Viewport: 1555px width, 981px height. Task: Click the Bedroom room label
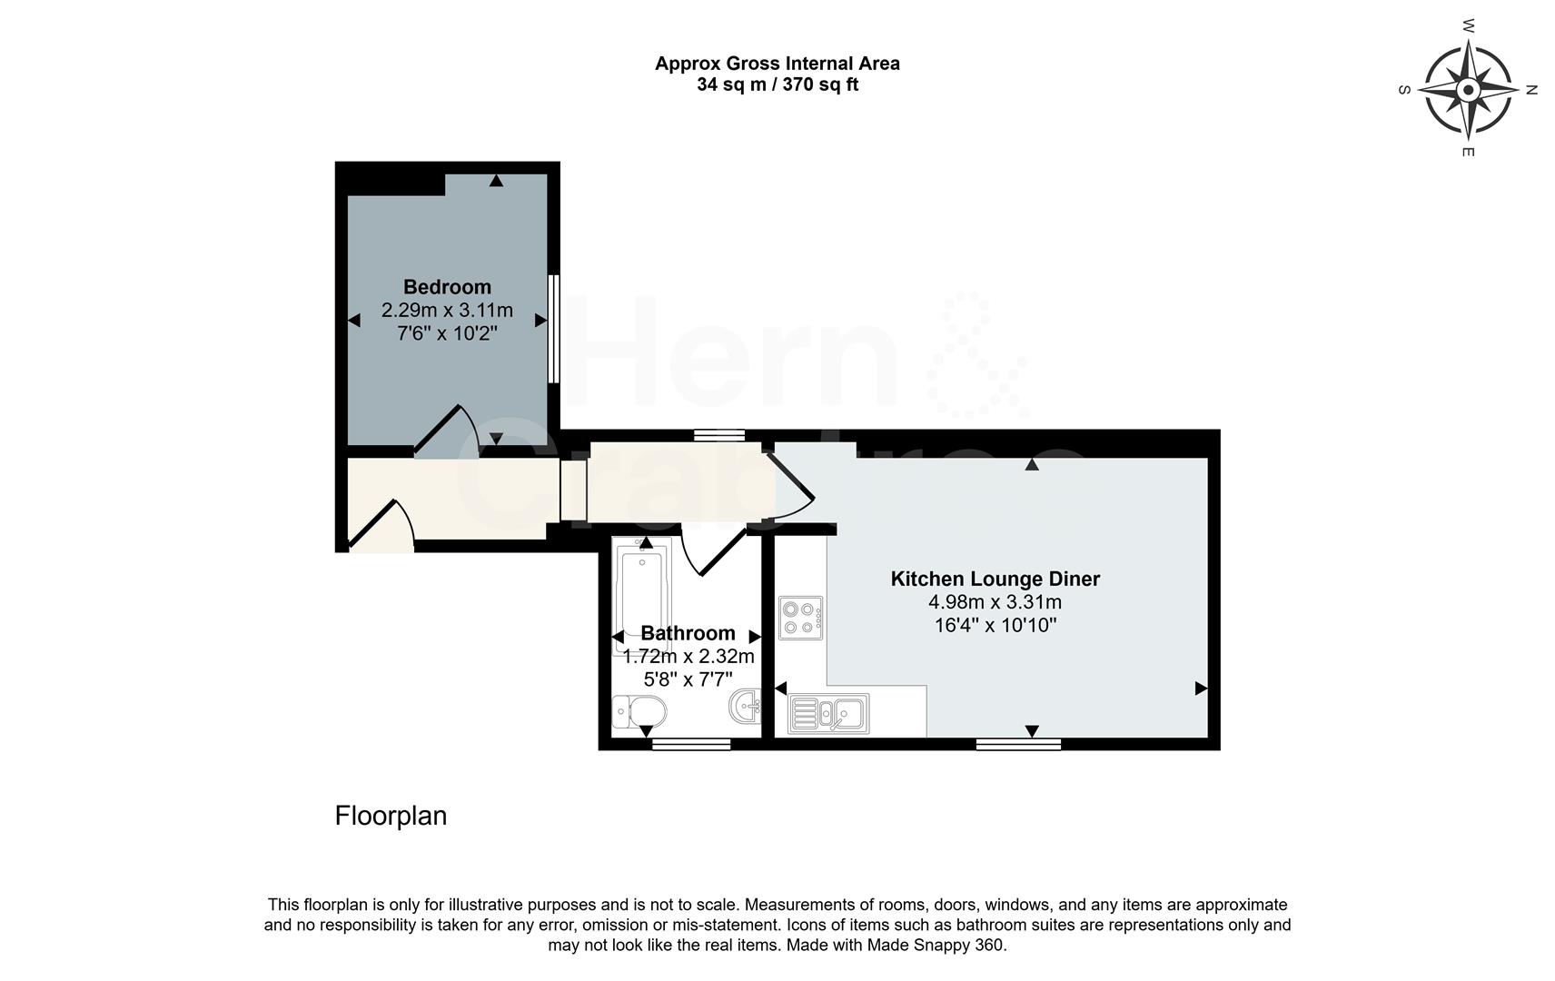pos(447,287)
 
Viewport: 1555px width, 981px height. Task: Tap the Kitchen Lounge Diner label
pos(995,579)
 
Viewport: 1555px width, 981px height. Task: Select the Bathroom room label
pos(688,633)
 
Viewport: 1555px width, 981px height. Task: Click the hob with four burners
pos(800,618)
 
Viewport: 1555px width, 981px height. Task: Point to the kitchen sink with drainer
pos(828,713)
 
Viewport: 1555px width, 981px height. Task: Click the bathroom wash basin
pos(746,707)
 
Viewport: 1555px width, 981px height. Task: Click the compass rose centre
pos(1468,89)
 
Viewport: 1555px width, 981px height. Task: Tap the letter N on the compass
pos(1531,90)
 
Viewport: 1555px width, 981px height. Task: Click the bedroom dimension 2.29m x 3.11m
pos(447,311)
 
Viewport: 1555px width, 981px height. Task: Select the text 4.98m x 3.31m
pos(995,602)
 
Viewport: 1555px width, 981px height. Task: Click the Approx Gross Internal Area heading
pos(777,64)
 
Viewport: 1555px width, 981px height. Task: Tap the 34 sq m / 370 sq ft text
pos(777,85)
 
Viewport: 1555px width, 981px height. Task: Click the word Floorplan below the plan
pos(391,816)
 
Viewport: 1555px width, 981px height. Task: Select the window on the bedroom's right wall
pos(552,328)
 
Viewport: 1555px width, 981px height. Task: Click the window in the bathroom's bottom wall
pos(691,745)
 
